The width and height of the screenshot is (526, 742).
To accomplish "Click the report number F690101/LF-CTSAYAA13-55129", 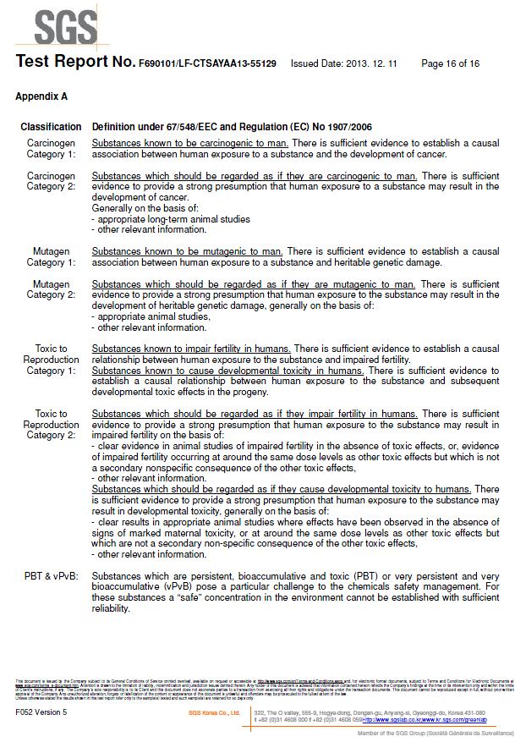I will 207,63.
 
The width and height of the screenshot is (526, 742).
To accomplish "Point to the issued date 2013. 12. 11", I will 347,63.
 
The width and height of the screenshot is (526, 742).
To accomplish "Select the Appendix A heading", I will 41,96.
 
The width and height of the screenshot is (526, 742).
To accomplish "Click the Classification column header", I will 51,127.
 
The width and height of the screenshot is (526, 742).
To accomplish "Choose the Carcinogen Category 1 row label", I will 51,149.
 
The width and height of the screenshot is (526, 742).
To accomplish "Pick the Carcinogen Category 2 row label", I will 51,181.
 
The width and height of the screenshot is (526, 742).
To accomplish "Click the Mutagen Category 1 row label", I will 51,257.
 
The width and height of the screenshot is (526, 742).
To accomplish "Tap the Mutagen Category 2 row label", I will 51,289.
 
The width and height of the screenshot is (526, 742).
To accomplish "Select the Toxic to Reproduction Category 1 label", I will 51,360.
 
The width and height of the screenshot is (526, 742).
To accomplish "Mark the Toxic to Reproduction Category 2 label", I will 51,425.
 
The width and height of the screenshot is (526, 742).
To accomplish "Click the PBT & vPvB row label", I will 51,576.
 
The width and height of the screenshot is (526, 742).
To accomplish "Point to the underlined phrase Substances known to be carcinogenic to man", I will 190,143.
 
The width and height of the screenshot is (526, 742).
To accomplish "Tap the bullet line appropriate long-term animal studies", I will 171,219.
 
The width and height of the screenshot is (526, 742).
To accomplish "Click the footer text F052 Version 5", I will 41,712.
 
